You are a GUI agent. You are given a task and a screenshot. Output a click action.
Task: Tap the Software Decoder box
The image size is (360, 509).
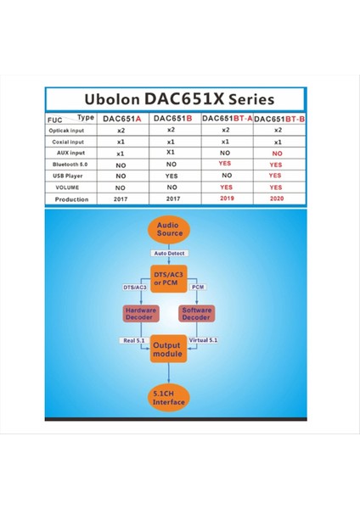(x=197, y=314)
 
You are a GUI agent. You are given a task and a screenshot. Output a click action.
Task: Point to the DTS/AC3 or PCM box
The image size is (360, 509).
(x=170, y=277)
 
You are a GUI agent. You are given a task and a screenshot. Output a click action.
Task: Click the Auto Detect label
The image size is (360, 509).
(x=170, y=253)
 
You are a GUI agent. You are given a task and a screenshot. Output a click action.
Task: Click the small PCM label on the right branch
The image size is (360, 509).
(x=198, y=288)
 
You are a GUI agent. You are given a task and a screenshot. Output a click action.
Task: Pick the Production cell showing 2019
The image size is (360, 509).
(x=225, y=198)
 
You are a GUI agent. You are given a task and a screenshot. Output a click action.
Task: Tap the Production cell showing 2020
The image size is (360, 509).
(x=276, y=198)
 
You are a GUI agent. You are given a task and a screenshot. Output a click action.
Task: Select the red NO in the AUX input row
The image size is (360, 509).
(x=276, y=153)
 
